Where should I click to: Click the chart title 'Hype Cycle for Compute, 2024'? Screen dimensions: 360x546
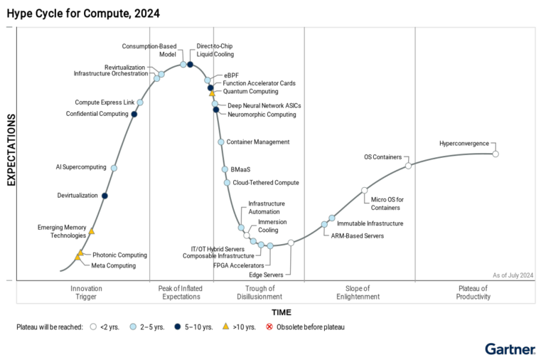coord(83,14)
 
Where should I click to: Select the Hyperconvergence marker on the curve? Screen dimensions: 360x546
coord(496,154)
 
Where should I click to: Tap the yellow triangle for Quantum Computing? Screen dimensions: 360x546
coord(212,92)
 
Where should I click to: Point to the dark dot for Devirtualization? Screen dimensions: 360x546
coord(105,196)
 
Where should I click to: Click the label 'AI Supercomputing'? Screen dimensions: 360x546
coord(81,167)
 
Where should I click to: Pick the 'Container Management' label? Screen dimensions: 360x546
coord(257,142)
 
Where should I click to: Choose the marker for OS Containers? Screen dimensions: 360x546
coord(408,166)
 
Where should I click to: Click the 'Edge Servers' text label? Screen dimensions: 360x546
coord(266,275)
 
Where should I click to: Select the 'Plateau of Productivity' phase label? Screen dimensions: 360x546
coord(473,292)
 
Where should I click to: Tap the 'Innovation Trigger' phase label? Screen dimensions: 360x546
coord(87,292)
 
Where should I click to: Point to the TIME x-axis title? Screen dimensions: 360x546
coord(281,312)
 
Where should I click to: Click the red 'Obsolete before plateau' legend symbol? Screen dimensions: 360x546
coord(269,327)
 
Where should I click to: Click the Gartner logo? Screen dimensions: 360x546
coord(510,349)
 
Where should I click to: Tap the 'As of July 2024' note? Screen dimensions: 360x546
coord(512,275)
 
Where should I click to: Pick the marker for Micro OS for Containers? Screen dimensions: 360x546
coord(364,190)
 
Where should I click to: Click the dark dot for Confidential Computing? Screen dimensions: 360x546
coord(134,114)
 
